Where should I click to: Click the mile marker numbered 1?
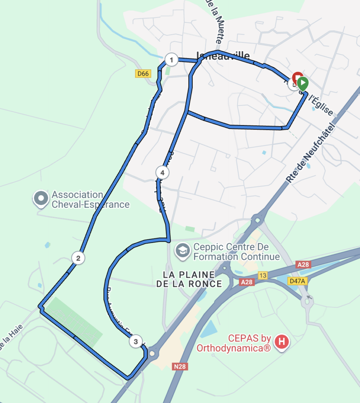pos(171,60)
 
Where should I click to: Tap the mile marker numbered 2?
pos(78,258)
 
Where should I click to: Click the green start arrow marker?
pos(302,83)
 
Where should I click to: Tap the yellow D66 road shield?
pos(143,73)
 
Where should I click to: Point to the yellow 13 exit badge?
pos(263,275)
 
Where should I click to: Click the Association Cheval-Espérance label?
pos(91,200)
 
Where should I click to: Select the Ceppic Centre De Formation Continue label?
pos(236,252)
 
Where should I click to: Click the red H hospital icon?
pos(282,341)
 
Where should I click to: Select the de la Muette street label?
pos(215,22)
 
